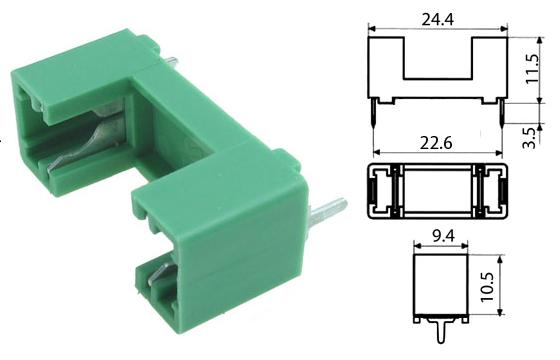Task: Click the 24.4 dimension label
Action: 438,19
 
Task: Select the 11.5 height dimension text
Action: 532,69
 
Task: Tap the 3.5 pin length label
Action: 530,137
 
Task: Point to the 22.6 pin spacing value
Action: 436,143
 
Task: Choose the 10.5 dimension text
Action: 487,287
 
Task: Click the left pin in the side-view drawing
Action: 374,113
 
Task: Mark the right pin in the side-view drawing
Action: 501,113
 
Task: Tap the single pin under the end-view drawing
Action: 441,330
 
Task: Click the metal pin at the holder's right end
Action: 328,213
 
